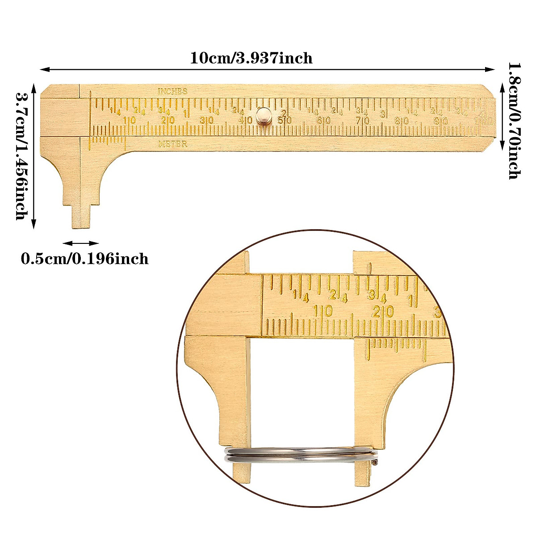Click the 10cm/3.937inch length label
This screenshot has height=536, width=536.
click(x=251, y=58)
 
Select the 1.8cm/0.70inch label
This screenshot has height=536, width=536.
click(x=514, y=121)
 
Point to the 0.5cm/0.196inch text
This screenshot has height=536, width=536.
click(x=85, y=259)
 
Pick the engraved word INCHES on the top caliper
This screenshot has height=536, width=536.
click(x=172, y=91)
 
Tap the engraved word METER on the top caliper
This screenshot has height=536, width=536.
click(x=172, y=144)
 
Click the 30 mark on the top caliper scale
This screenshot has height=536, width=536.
click(x=206, y=121)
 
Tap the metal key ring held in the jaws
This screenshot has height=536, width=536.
click(x=299, y=454)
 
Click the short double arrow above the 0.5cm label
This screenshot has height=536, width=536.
click(x=81, y=243)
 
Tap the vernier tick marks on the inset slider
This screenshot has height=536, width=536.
click(x=395, y=344)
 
